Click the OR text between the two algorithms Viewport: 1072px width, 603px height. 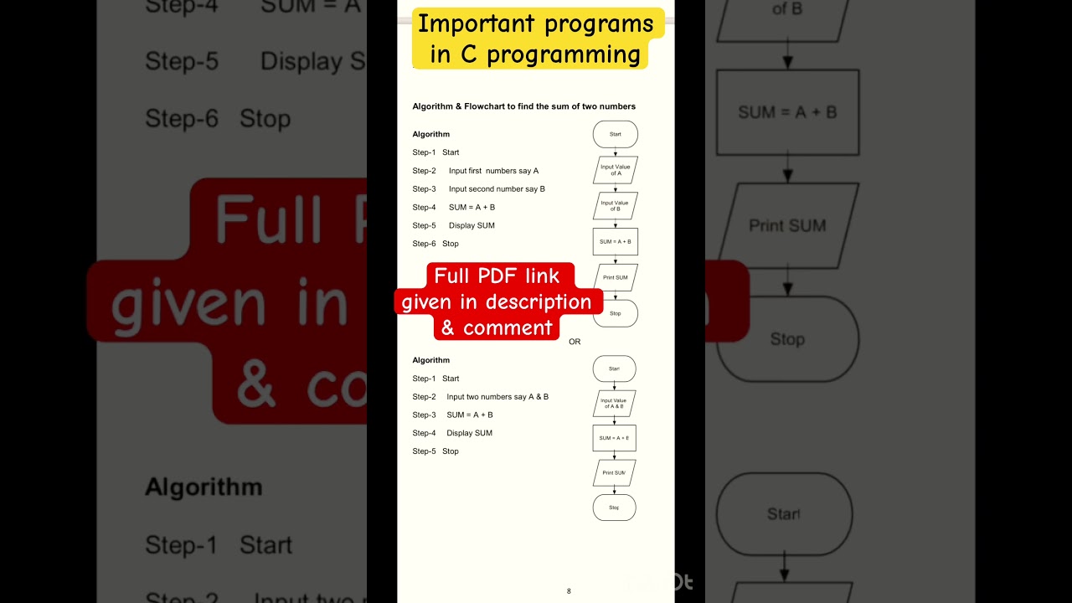tap(575, 342)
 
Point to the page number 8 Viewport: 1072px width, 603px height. tap(569, 591)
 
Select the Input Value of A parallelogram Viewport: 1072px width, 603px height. tap(616, 170)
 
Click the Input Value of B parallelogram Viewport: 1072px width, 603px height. tap(616, 205)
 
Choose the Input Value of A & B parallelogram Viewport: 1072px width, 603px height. tap(614, 403)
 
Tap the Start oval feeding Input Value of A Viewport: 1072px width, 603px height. tap(616, 134)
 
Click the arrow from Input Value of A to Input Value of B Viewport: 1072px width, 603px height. tap(616, 188)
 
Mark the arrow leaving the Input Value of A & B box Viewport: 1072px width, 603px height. tap(615, 420)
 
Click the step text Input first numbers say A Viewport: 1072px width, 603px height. tap(493, 171)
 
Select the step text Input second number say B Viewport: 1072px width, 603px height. tap(497, 189)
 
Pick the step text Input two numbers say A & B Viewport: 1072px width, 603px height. tap(497, 397)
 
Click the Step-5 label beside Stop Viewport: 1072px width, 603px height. tap(424, 451)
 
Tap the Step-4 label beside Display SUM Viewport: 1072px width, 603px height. tap(424, 433)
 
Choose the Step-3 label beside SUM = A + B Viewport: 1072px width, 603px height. tap(424, 415)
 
